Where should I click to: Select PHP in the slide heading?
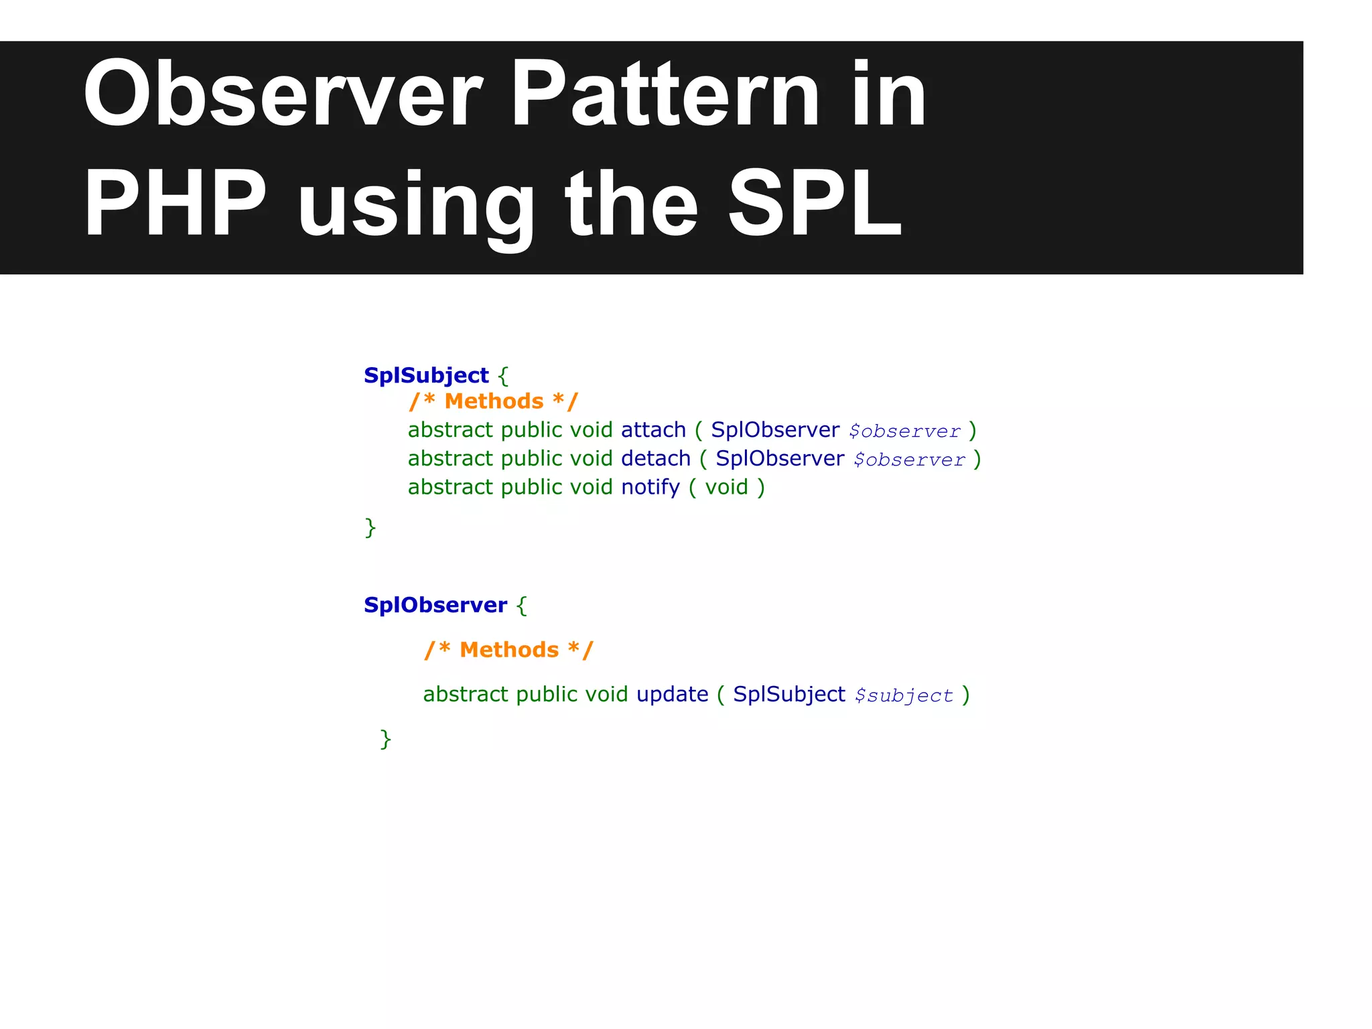(175, 204)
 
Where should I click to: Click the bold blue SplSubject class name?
(426, 375)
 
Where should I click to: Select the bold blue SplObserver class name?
(435, 605)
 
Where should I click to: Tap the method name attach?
(653, 430)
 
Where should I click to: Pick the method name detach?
(655, 459)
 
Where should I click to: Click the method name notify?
(650, 488)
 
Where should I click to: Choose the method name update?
(672, 695)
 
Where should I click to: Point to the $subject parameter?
(904, 696)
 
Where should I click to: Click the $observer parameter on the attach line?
(904, 431)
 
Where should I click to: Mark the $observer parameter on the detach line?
(909, 460)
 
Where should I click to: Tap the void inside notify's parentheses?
(726, 488)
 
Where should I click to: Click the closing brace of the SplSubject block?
(370, 528)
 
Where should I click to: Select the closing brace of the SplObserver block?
(385, 739)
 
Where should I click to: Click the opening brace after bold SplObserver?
(522, 606)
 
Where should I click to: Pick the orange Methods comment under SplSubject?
(494, 402)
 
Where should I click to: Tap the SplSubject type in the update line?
(788, 695)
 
